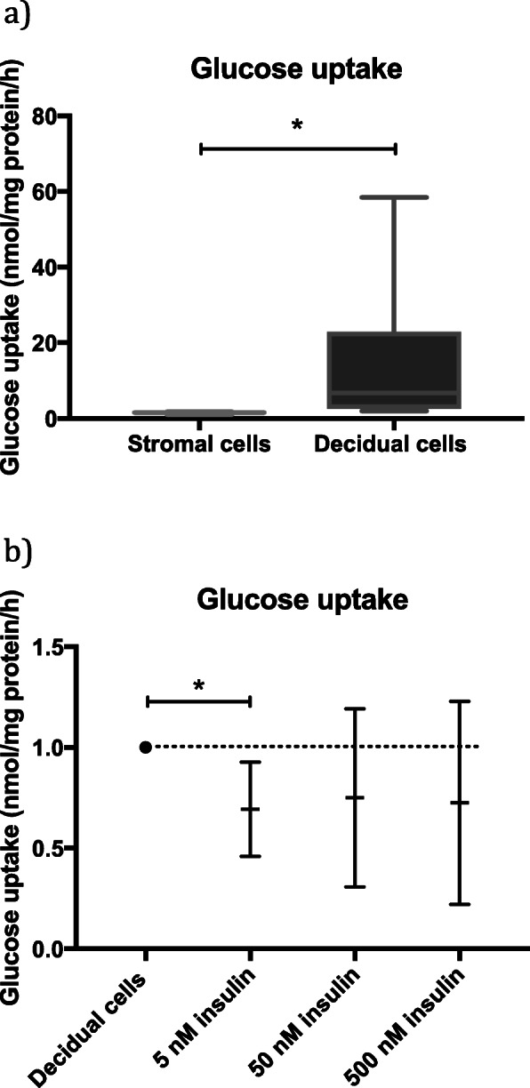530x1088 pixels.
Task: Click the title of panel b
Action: (x=301, y=600)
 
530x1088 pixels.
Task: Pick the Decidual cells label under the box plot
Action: (x=389, y=444)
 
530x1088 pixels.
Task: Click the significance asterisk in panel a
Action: (x=297, y=126)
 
